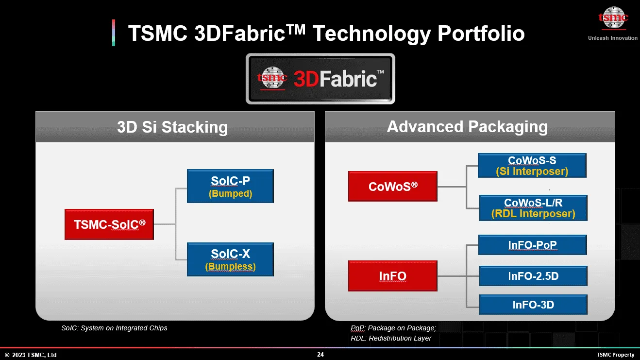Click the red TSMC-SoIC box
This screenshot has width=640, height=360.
pyautogui.click(x=109, y=224)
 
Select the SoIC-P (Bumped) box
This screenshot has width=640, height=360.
pyautogui.click(x=230, y=186)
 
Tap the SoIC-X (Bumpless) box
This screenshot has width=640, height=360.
pyautogui.click(x=230, y=260)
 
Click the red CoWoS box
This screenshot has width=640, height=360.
pyautogui.click(x=392, y=186)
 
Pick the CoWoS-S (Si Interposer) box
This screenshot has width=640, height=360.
pyautogui.click(x=532, y=166)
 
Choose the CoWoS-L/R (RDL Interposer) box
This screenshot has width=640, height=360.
pyautogui.click(x=533, y=208)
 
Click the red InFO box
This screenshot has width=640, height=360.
pyautogui.click(x=392, y=276)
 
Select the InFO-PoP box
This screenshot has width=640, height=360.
pyautogui.click(x=533, y=245)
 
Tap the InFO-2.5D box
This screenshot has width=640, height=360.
pyautogui.click(x=533, y=276)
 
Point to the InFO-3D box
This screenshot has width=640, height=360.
pyautogui.click(x=533, y=305)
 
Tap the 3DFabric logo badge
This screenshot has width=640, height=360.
pyautogui.click(x=320, y=79)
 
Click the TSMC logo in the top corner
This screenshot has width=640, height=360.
pyautogui.click(x=613, y=19)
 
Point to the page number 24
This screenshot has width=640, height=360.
pyautogui.click(x=320, y=355)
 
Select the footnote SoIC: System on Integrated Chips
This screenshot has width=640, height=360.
pyautogui.click(x=114, y=328)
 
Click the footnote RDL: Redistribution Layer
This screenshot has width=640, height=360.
pyautogui.click(x=391, y=338)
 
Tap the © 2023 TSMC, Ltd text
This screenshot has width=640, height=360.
pyautogui.click(x=31, y=355)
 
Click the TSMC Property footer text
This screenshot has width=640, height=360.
pyautogui.click(x=615, y=355)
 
